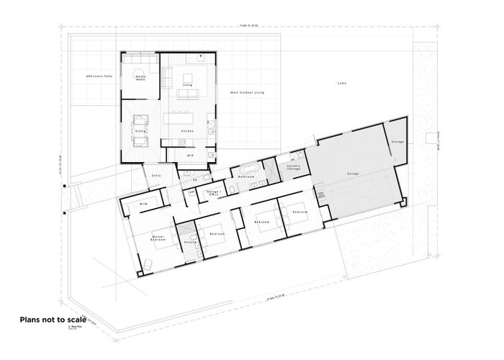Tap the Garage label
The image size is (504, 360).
pyautogui.click(x=354, y=174)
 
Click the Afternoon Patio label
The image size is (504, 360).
pyautogui.click(x=99, y=75)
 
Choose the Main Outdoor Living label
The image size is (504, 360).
pyautogui.click(x=248, y=93)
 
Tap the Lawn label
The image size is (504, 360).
pyautogui.click(x=342, y=84)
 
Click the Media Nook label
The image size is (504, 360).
pyautogui.click(x=140, y=78)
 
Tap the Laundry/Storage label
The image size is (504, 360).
pyautogui.click(x=294, y=165)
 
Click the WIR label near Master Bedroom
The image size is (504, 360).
pyautogui.click(x=143, y=204)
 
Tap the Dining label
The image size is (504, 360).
pyautogui.click(x=140, y=131)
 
